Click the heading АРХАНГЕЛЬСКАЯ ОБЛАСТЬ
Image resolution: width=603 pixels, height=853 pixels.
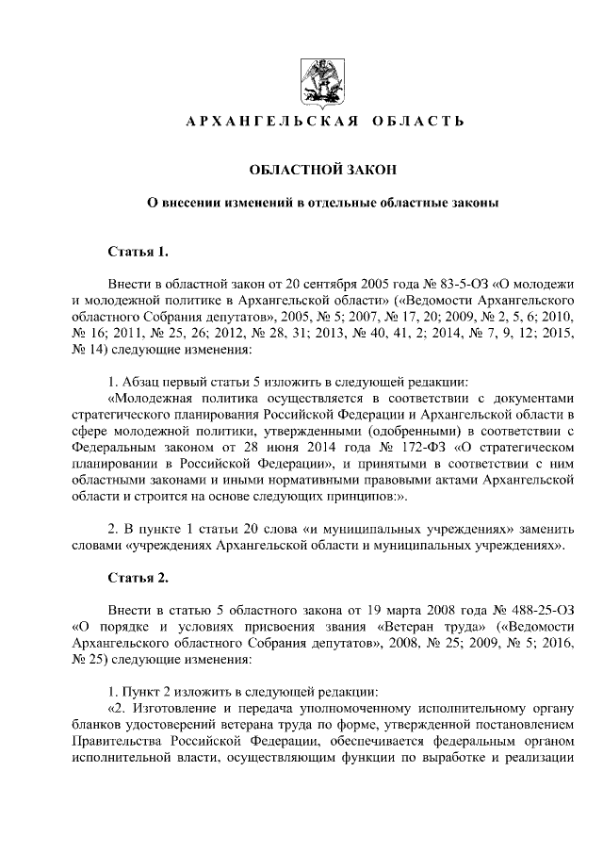click(323, 123)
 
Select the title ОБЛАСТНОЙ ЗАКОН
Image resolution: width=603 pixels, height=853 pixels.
click(323, 169)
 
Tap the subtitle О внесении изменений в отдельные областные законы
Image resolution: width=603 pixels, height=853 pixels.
click(323, 202)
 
